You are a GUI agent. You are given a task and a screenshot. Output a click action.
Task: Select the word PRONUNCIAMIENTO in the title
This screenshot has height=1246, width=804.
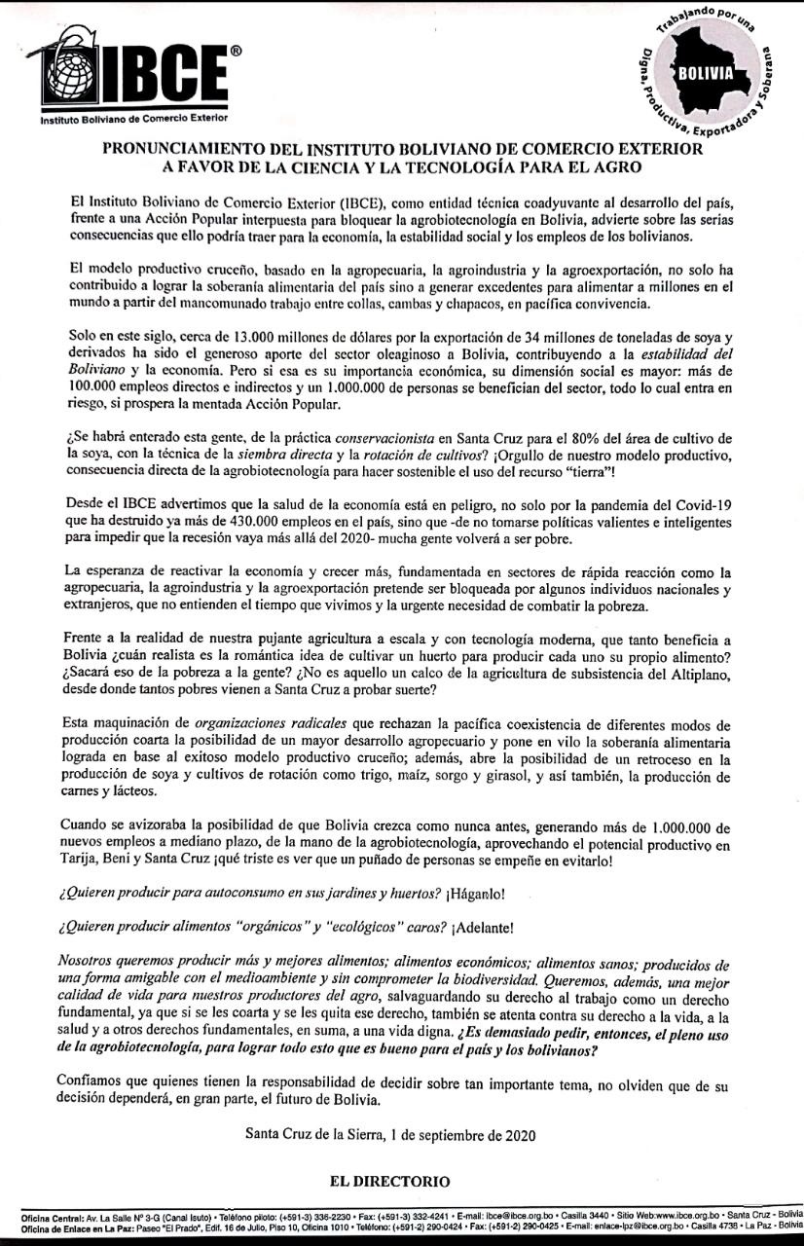click(196, 150)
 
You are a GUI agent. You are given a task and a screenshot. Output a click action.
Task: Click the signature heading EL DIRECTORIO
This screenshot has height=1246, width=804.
click(389, 1182)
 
